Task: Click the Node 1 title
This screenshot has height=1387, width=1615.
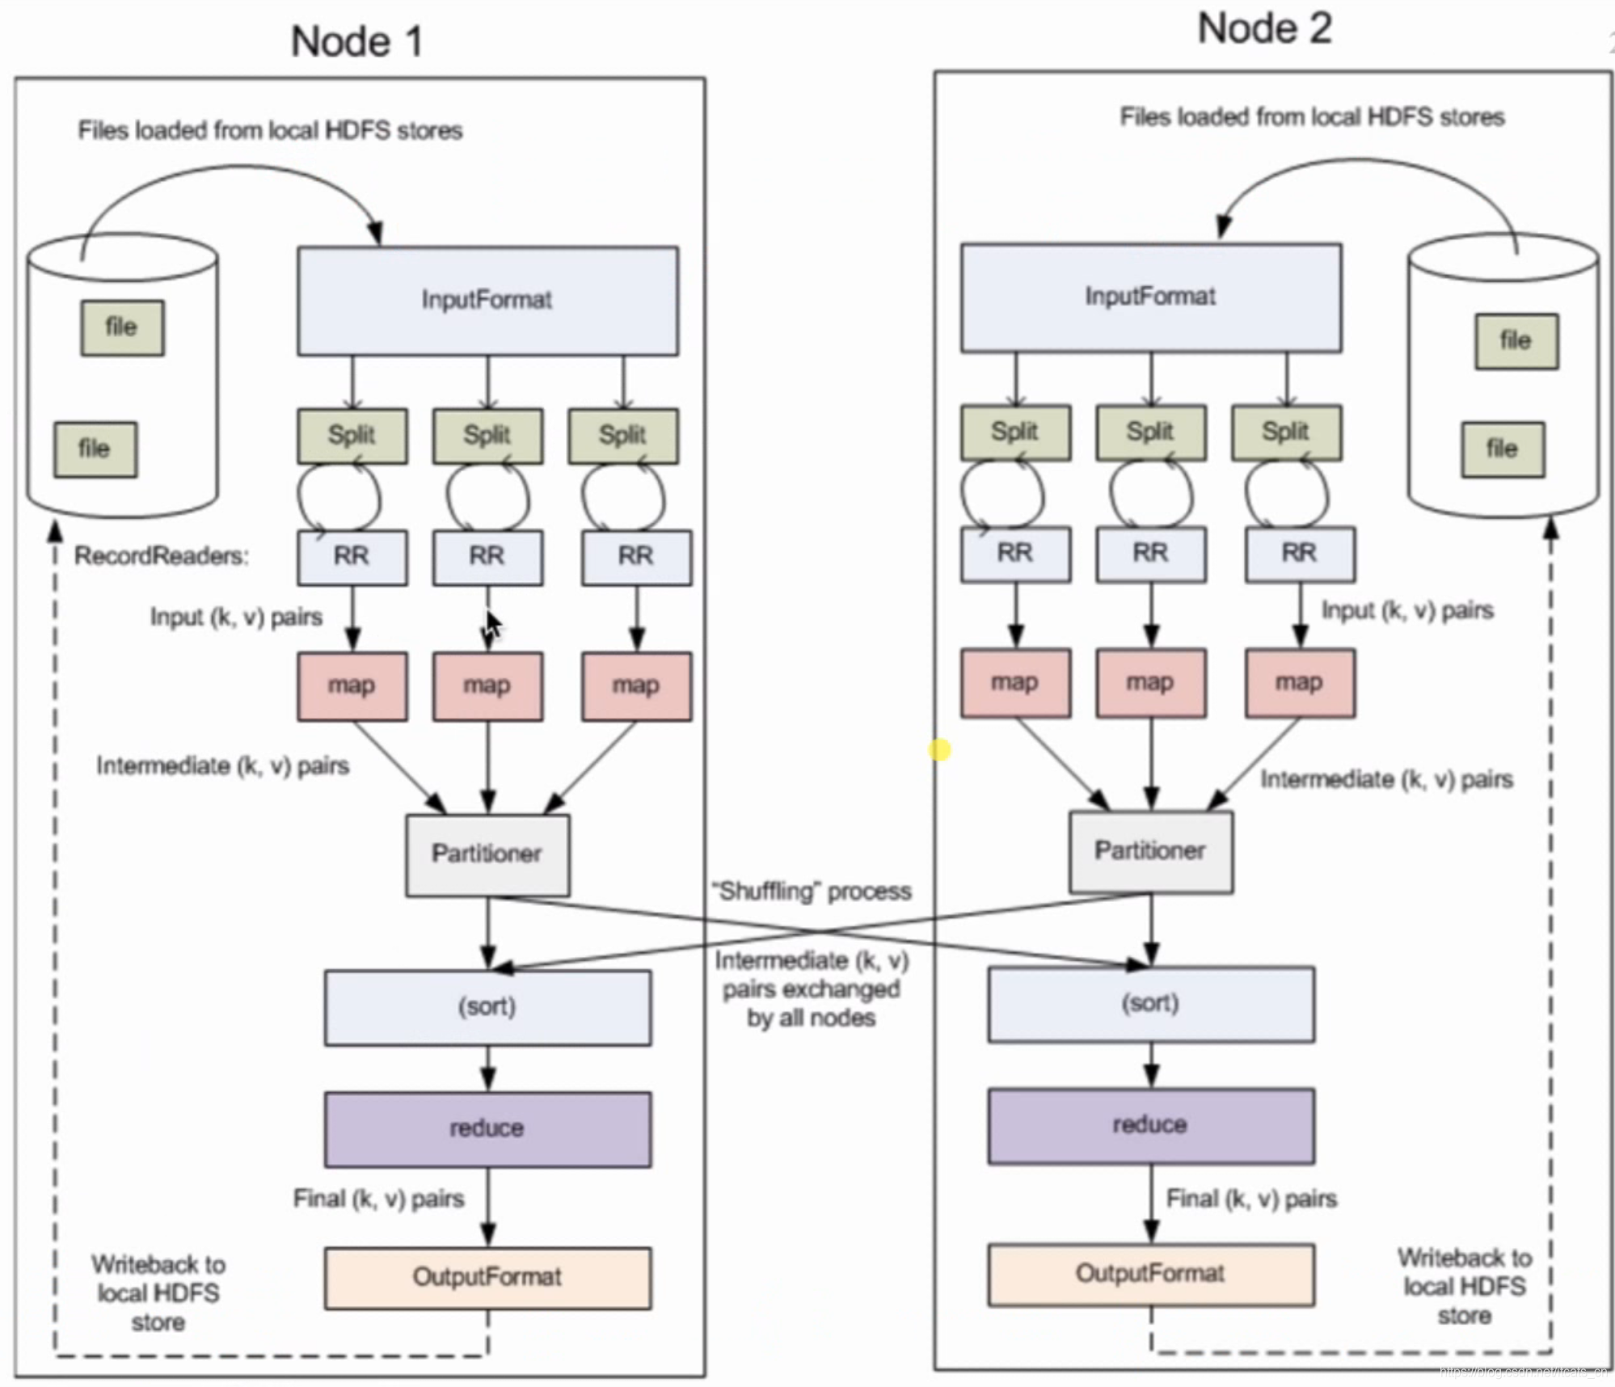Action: tap(356, 41)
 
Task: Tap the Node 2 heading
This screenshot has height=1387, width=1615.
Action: tap(1263, 29)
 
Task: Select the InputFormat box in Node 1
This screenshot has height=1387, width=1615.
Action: tap(487, 301)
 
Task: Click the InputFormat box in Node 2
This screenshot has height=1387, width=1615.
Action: tap(1150, 297)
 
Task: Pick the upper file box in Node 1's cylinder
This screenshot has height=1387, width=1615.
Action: tap(122, 327)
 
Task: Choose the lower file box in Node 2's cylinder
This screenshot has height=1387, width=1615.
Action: tap(1502, 449)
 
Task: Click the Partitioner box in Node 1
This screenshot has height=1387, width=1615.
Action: tap(487, 854)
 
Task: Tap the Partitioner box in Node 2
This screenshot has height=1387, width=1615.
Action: tap(1150, 851)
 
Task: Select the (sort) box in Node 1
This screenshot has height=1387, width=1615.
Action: tap(487, 1007)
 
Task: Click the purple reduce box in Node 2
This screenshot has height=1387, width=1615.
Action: tap(1150, 1125)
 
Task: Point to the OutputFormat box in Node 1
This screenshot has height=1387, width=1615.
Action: tap(487, 1278)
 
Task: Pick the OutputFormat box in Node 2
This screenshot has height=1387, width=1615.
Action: tap(1150, 1275)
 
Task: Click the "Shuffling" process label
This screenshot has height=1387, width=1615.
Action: tap(811, 892)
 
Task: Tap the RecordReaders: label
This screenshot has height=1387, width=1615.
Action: tap(162, 556)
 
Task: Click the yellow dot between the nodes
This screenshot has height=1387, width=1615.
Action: tap(939, 750)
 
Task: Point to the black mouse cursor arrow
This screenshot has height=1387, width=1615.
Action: tap(493, 625)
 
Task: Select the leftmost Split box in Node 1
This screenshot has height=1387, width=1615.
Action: tap(352, 436)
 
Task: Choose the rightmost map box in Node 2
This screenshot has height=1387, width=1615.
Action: tap(1300, 683)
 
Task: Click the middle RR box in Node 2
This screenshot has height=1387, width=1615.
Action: tap(1150, 554)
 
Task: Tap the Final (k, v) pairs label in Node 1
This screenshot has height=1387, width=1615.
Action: tap(378, 1199)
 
